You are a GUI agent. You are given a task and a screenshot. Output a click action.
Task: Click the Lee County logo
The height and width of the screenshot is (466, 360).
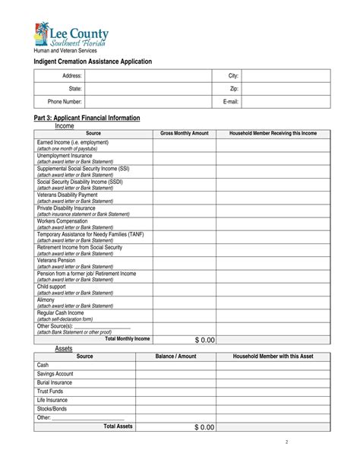coord(71,36)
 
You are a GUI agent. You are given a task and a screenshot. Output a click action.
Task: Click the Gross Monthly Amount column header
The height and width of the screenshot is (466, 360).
coord(184,133)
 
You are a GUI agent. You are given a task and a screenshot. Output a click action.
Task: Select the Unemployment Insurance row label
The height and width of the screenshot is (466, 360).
coord(65,155)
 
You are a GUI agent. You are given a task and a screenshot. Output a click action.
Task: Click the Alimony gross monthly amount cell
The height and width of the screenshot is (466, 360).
coord(184,303)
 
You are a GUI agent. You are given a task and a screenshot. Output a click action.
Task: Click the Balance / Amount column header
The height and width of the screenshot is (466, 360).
coord(175,356)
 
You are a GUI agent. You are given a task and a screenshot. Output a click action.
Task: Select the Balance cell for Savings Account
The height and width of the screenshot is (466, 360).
coord(175,374)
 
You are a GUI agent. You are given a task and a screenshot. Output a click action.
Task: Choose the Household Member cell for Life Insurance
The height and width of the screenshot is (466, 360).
coord(273,400)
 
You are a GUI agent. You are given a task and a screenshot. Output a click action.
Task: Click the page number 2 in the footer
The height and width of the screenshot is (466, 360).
coord(286,442)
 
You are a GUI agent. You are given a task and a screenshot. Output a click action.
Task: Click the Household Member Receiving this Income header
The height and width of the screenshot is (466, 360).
coord(273,133)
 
